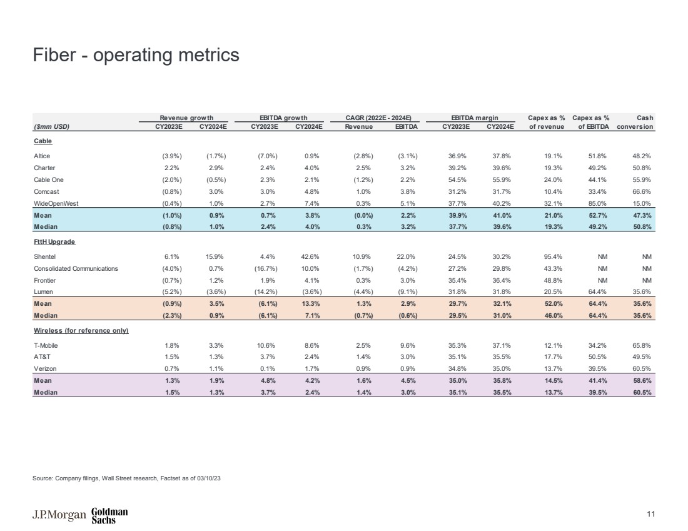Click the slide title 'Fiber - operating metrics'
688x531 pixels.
pos(136,55)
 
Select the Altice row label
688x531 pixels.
pos(43,157)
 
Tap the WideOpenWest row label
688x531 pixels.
pos(56,203)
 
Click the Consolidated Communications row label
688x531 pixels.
pos(76,268)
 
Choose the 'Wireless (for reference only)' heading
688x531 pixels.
pos(81,330)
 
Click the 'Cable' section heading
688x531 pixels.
pos(43,141)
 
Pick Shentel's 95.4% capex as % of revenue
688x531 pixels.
pos(554,256)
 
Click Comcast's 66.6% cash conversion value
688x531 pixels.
pos(644,191)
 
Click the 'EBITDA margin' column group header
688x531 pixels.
pos(474,117)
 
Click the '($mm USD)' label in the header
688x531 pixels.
pos(51,126)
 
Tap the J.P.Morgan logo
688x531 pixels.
pos(59,515)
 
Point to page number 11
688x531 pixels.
pos(650,515)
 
